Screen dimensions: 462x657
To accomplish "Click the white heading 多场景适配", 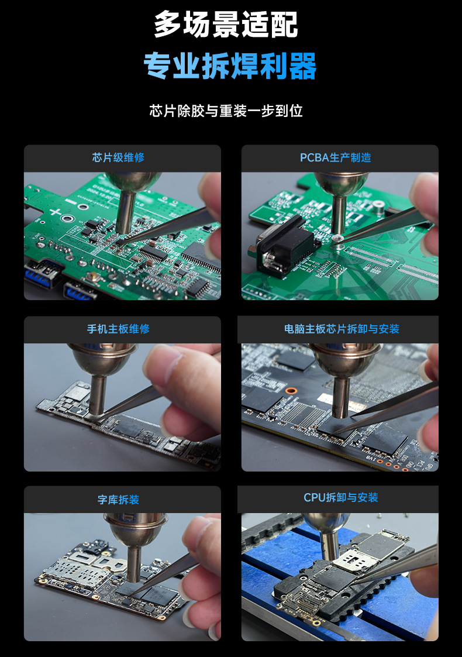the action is click(226, 25).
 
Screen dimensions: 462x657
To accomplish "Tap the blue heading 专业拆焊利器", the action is click(230, 66).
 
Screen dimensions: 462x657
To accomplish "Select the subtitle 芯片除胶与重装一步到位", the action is click(226, 111).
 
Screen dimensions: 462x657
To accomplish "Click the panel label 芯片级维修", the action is click(118, 157).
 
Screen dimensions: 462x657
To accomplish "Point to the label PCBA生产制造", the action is click(336, 157).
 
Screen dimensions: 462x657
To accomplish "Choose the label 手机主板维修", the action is click(118, 329).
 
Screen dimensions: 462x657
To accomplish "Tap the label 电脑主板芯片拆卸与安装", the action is click(342, 329).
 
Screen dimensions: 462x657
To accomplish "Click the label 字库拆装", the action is click(118, 500).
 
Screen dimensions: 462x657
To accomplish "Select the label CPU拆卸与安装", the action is click(341, 497).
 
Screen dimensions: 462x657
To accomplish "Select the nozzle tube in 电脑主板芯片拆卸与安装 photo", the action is click(340, 398).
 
